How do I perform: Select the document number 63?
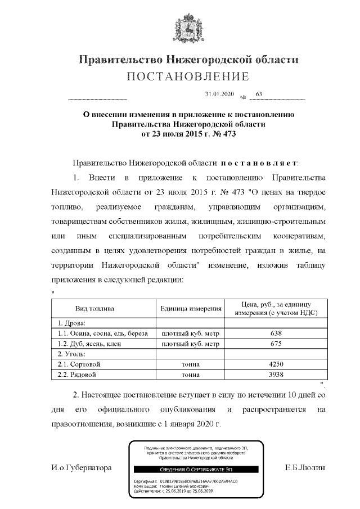point(259,94)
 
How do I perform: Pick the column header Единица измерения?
point(190,309)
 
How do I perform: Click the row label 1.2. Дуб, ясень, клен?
point(89,344)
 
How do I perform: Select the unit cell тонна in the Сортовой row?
point(190,364)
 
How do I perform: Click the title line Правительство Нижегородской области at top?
point(188,59)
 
